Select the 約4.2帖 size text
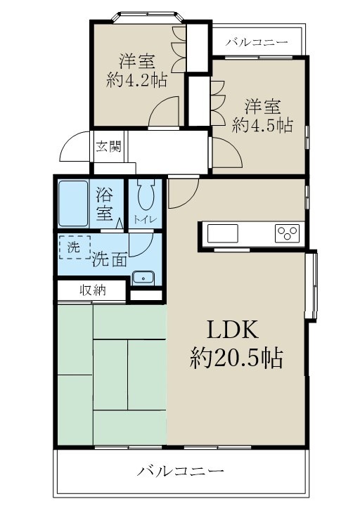[136, 79]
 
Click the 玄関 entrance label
[108, 147]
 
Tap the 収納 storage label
[92, 290]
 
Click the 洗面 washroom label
[110, 259]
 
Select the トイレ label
[146, 219]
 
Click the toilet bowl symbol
[146, 195]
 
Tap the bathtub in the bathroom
[72, 203]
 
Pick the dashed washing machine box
[75, 247]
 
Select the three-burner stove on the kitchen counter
[287, 233]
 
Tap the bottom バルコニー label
[180, 470]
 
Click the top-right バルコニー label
[256, 43]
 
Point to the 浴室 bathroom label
[105, 204]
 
